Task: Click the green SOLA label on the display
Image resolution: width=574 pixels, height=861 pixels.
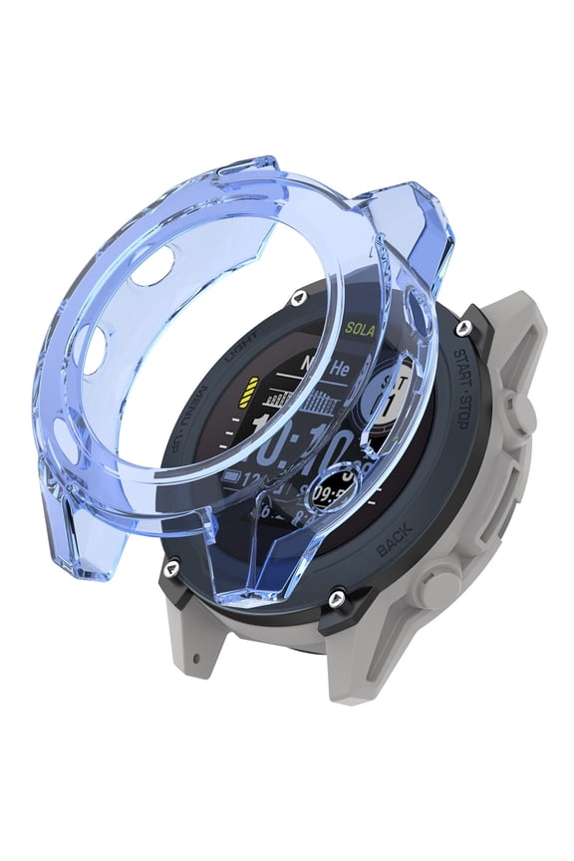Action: [359, 327]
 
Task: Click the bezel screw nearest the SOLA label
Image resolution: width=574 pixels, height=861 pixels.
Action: [296, 298]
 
